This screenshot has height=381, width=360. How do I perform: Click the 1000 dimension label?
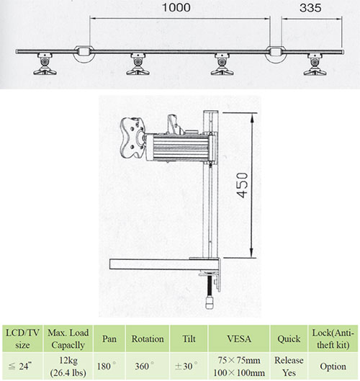pos(176,7)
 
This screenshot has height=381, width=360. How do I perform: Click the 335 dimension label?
pos(310,8)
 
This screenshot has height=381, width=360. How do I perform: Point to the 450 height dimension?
pos(242,185)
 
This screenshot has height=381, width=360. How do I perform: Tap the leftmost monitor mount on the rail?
pos(45,63)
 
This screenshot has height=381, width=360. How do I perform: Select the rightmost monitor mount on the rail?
pos(315,64)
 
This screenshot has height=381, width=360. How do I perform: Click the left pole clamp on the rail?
pos(84,54)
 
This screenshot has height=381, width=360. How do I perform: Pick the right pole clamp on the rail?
pos(276,54)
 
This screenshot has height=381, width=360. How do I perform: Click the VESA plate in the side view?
pos(132,138)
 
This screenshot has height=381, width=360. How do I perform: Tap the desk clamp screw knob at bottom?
pos(210,302)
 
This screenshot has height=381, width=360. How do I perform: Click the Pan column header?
pos(109,339)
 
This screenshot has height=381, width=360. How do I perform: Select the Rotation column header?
pos(148,339)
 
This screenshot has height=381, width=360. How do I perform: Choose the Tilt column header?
pos(189,339)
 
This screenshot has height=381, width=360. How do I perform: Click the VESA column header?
pos(239,339)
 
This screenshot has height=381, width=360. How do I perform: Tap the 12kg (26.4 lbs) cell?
pos(68,366)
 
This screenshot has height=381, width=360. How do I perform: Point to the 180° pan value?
pos(107,366)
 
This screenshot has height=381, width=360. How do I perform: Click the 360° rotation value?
pos(145,366)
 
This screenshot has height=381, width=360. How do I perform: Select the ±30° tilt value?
pos(186,366)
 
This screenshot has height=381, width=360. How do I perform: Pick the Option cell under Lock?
pos(333,367)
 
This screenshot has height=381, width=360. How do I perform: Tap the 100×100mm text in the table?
pos(239,372)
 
